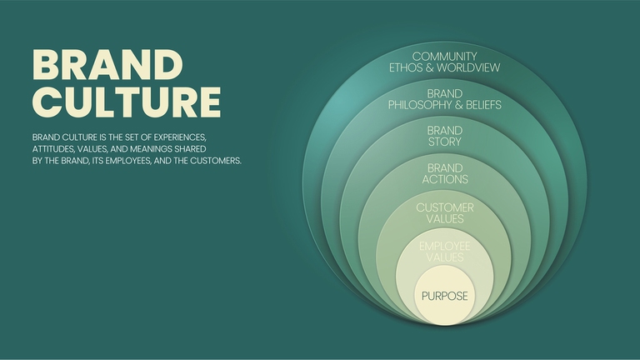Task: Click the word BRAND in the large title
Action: click(107, 66)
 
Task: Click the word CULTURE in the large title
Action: click(126, 101)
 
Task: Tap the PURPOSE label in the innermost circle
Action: click(444, 296)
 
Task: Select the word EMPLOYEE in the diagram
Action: click(444, 246)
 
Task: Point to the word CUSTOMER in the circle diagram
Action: click(444, 206)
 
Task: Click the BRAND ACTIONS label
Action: click(444, 173)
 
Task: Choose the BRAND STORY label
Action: click(444, 136)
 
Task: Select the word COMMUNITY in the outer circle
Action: click(444, 56)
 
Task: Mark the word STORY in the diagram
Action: click(444, 142)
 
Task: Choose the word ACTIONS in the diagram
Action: click(444, 179)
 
